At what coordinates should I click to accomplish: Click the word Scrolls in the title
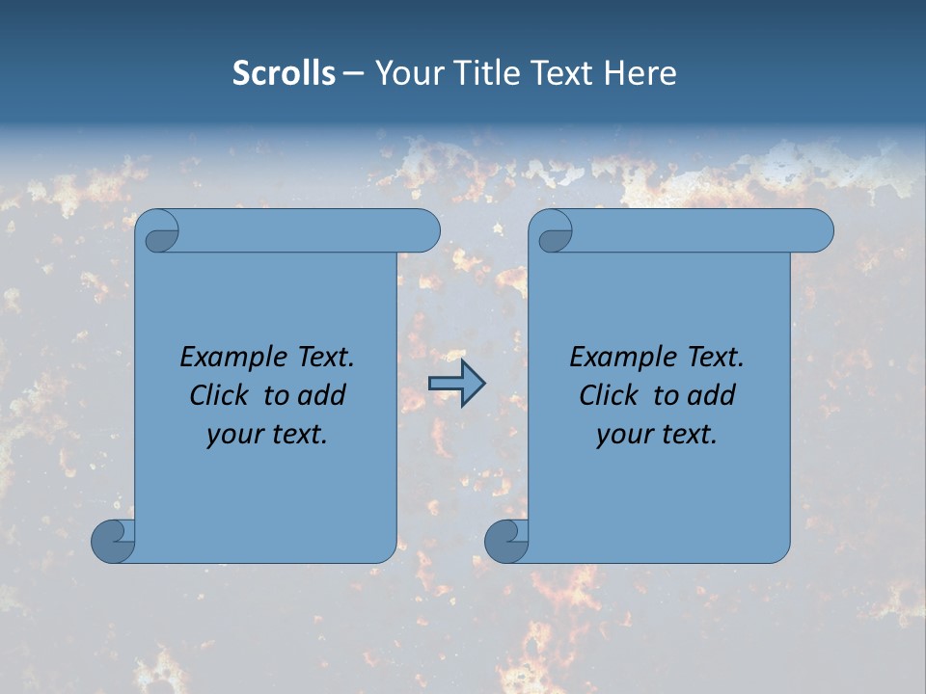pos(284,73)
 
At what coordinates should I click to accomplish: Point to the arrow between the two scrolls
pos(456,384)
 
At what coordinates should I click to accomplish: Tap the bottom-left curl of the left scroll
pos(112,540)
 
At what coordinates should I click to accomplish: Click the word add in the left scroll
pos(321,395)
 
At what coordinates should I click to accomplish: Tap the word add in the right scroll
pos(712,395)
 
